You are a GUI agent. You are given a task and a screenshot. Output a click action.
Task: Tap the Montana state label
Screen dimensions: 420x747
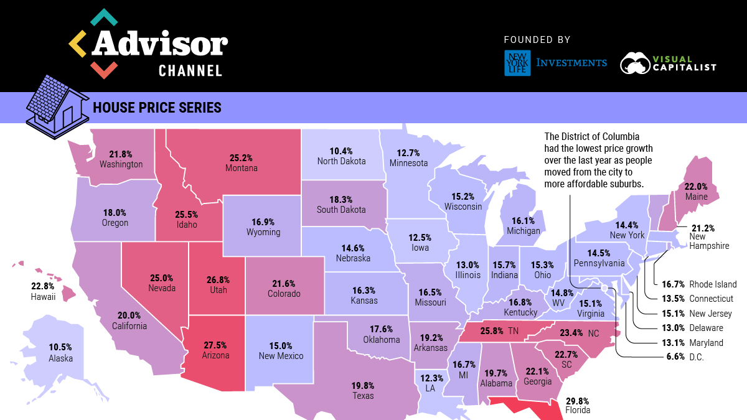coord(242,168)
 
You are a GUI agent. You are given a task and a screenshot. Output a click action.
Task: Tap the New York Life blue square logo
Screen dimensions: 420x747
coord(517,63)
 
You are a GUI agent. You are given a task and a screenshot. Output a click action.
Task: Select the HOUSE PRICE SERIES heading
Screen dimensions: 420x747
coord(157,108)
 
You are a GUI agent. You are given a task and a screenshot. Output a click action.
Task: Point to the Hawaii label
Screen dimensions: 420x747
coord(43,297)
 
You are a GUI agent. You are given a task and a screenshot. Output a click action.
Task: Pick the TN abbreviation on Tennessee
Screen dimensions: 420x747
coord(513,330)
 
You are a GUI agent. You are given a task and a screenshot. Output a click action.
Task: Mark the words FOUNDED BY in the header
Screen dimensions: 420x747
coord(537,40)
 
